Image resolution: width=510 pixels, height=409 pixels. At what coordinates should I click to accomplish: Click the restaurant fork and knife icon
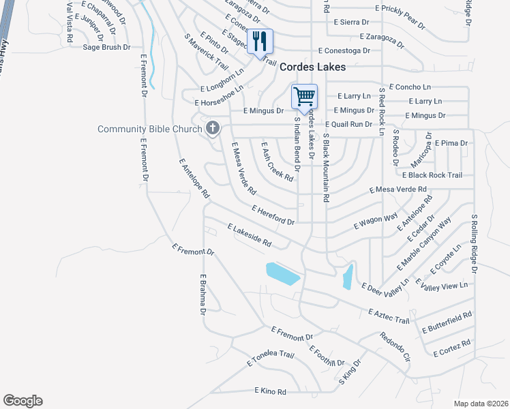259,42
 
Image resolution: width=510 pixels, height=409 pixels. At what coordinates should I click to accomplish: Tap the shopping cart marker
304,96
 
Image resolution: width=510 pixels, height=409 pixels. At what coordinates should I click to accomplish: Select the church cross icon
213,127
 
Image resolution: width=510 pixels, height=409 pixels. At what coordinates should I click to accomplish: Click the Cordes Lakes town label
313,67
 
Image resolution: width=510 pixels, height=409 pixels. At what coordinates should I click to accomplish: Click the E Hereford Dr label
273,215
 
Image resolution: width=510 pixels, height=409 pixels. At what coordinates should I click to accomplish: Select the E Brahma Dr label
202,294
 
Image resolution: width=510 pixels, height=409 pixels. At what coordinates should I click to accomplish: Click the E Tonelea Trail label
270,359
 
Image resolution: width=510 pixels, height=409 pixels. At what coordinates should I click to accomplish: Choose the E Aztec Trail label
388,316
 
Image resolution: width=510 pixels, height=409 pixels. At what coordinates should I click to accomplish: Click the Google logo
22,401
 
